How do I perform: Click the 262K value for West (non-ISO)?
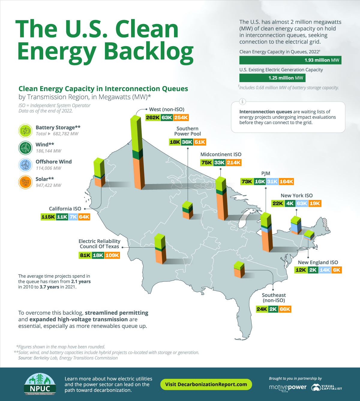(153, 117)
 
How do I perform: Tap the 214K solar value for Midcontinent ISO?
(233, 162)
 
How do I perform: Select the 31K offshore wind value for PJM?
(272, 181)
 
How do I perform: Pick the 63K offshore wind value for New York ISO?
(302, 203)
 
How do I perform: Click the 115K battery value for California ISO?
(48, 217)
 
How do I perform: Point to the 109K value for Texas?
(112, 255)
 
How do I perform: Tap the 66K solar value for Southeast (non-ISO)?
(285, 309)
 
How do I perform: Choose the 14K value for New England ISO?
(325, 270)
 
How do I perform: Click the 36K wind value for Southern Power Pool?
(187, 142)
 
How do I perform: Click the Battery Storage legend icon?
(25, 131)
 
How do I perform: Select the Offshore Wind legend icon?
(25, 165)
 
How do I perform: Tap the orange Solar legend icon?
(25, 182)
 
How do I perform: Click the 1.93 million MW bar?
(290, 60)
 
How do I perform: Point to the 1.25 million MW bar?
(272, 78)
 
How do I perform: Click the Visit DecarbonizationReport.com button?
(206, 384)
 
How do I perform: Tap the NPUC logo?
(40, 384)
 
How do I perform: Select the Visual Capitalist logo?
(326, 388)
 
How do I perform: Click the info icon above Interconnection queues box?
(242, 102)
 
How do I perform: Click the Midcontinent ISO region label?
(221, 154)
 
